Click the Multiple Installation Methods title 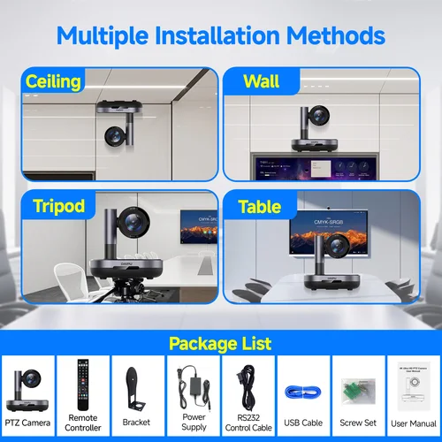(x=221, y=35)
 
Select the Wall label (x=261, y=82)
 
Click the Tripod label (x=55, y=207)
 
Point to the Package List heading (x=221, y=342)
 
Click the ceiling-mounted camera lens (x=114, y=136)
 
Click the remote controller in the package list (x=83, y=386)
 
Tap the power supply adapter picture (x=194, y=387)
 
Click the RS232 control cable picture (x=248, y=387)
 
